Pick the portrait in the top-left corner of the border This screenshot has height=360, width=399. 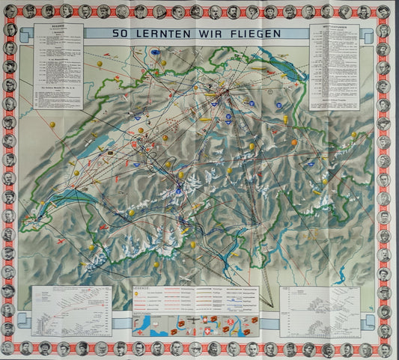(10, 11)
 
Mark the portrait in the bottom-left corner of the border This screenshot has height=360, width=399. (10, 349)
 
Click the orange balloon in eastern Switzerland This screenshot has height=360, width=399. (295, 142)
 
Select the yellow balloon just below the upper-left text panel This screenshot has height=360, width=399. (52, 123)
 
